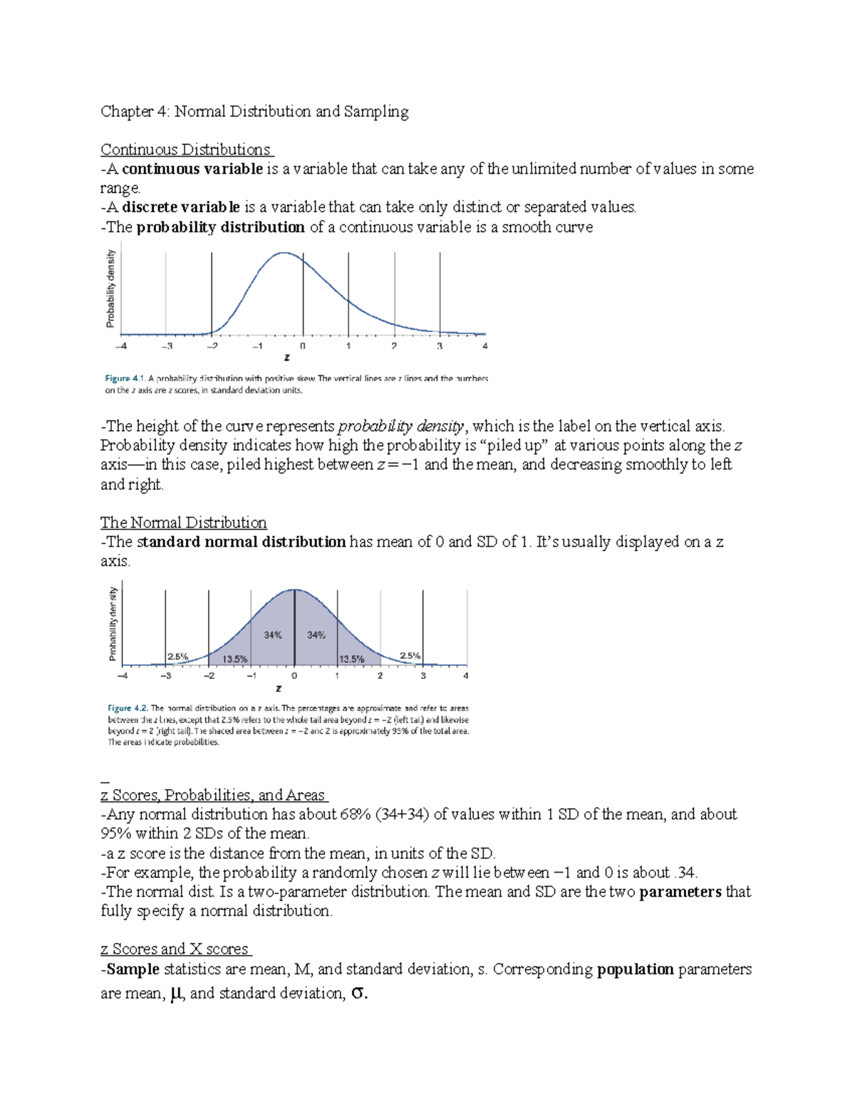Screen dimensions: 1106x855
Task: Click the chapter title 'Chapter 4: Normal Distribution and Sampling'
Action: [x=254, y=112]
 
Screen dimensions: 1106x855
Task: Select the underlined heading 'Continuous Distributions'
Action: [x=186, y=150]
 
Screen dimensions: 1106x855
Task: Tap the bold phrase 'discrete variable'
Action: [x=181, y=207]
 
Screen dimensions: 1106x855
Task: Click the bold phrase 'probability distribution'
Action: [x=220, y=227]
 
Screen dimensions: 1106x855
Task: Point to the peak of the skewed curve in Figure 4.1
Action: [x=284, y=253]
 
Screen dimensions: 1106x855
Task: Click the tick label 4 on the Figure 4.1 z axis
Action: [x=485, y=346]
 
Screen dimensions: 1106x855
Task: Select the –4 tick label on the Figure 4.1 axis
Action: [x=121, y=346]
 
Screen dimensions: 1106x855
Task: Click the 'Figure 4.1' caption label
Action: [x=125, y=379]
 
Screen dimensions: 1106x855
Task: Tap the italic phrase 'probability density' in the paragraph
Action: [x=400, y=427]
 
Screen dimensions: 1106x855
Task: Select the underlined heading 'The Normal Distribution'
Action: [x=183, y=523]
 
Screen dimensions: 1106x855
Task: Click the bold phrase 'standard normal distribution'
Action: [x=241, y=542]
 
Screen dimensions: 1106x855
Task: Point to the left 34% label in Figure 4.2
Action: [x=273, y=635]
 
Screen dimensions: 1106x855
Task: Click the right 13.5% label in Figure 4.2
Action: [x=352, y=659]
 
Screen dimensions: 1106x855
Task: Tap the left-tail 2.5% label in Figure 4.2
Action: [x=177, y=657]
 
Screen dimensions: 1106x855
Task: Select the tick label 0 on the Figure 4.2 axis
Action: [x=294, y=676]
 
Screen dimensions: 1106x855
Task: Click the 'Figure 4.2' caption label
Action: [x=128, y=708]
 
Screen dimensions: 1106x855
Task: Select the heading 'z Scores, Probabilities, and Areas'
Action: [x=213, y=795]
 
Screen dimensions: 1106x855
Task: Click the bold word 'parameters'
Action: [x=680, y=892]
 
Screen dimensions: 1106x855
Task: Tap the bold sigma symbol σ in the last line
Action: [x=359, y=993]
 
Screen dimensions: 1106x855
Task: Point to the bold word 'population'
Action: [x=635, y=969]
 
